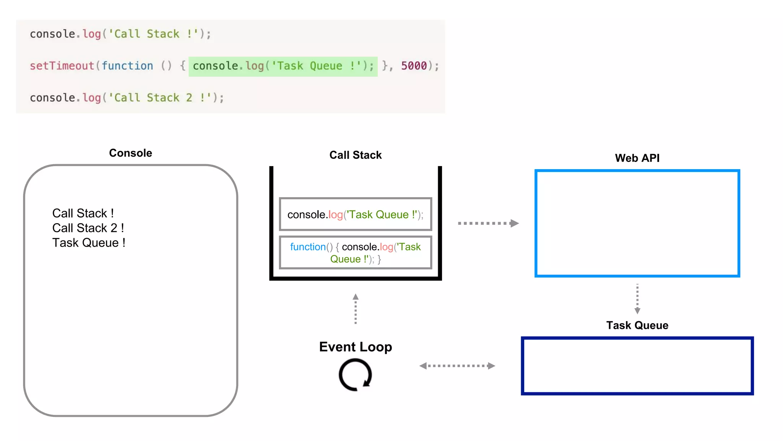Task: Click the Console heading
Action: coord(130,153)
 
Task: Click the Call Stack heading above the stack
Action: coord(355,155)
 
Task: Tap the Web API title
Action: coord(637,158)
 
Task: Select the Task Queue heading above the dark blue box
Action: coord(637,325)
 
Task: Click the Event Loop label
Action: coord(355,347)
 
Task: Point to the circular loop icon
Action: coord(355,375)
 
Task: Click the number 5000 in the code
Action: coord(414,66)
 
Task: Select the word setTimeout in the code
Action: coord(62,66)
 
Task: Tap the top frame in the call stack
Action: coord(355,214)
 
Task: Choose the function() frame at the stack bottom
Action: coord(355,253)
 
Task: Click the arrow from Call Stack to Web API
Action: coord(488,223)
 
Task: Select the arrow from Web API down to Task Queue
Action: coord(637,299)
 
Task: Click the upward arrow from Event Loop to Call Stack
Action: coord(356,309)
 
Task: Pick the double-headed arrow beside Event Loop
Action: coord(457,366)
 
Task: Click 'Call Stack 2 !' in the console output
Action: coord(88,228)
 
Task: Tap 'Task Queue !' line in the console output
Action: coord(89,243)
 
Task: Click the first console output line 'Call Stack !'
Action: coord(83,213)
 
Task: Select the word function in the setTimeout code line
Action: coord(127,66)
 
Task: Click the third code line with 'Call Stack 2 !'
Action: coord(127,98)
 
